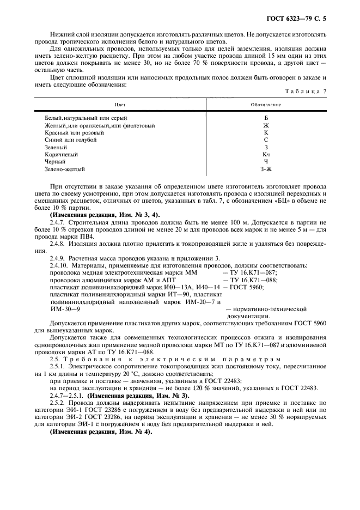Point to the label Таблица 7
tap(308, 92)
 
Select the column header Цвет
tap(119, 104)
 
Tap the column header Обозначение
tap(265, 104)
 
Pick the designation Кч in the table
tap(266, 155)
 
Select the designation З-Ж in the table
tap(266, 169)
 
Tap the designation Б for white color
tap(266, 118)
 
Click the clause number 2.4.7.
tap(57, 222)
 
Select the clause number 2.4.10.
tap(59, 265)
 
